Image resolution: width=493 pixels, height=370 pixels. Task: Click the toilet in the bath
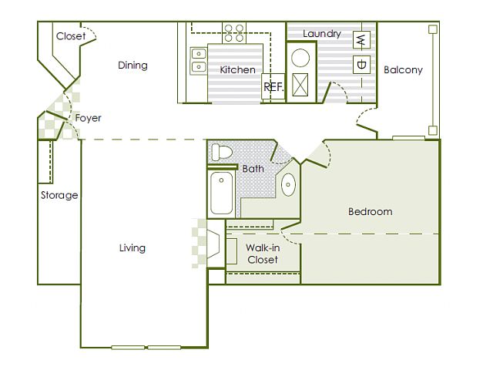pos(221,152)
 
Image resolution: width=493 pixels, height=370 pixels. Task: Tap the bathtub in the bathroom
pos(221,193)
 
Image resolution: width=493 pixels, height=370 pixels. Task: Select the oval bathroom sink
pos(288,185)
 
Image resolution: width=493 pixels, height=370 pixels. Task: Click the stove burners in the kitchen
pos(234,33)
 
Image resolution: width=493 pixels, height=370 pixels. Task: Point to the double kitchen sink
pos(199,60)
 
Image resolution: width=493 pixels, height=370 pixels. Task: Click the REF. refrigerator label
pos(273,87)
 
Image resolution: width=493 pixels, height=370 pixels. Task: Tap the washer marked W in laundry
pos(361,39)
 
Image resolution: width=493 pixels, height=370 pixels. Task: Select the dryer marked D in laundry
pos(361,65)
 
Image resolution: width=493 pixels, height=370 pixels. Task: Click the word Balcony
pos(403,69)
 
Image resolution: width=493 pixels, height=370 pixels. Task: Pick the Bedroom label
pos(370,211)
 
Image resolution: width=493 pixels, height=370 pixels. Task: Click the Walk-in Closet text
pos(263,254)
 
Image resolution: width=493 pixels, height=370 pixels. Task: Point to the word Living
pos(132,248)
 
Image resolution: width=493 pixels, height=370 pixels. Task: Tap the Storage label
pos(59,195)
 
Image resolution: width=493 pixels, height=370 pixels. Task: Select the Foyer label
pos(88,118)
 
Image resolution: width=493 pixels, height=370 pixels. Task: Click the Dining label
pos(132,65)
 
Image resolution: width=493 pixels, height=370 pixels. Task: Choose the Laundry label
pos(322,34)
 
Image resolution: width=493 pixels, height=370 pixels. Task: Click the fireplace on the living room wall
pos(213,244)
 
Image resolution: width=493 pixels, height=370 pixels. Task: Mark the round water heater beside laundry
pos(300,58)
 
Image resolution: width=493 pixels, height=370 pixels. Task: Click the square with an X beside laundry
pos(300,85)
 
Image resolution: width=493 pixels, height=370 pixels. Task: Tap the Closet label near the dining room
pos(71,36)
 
